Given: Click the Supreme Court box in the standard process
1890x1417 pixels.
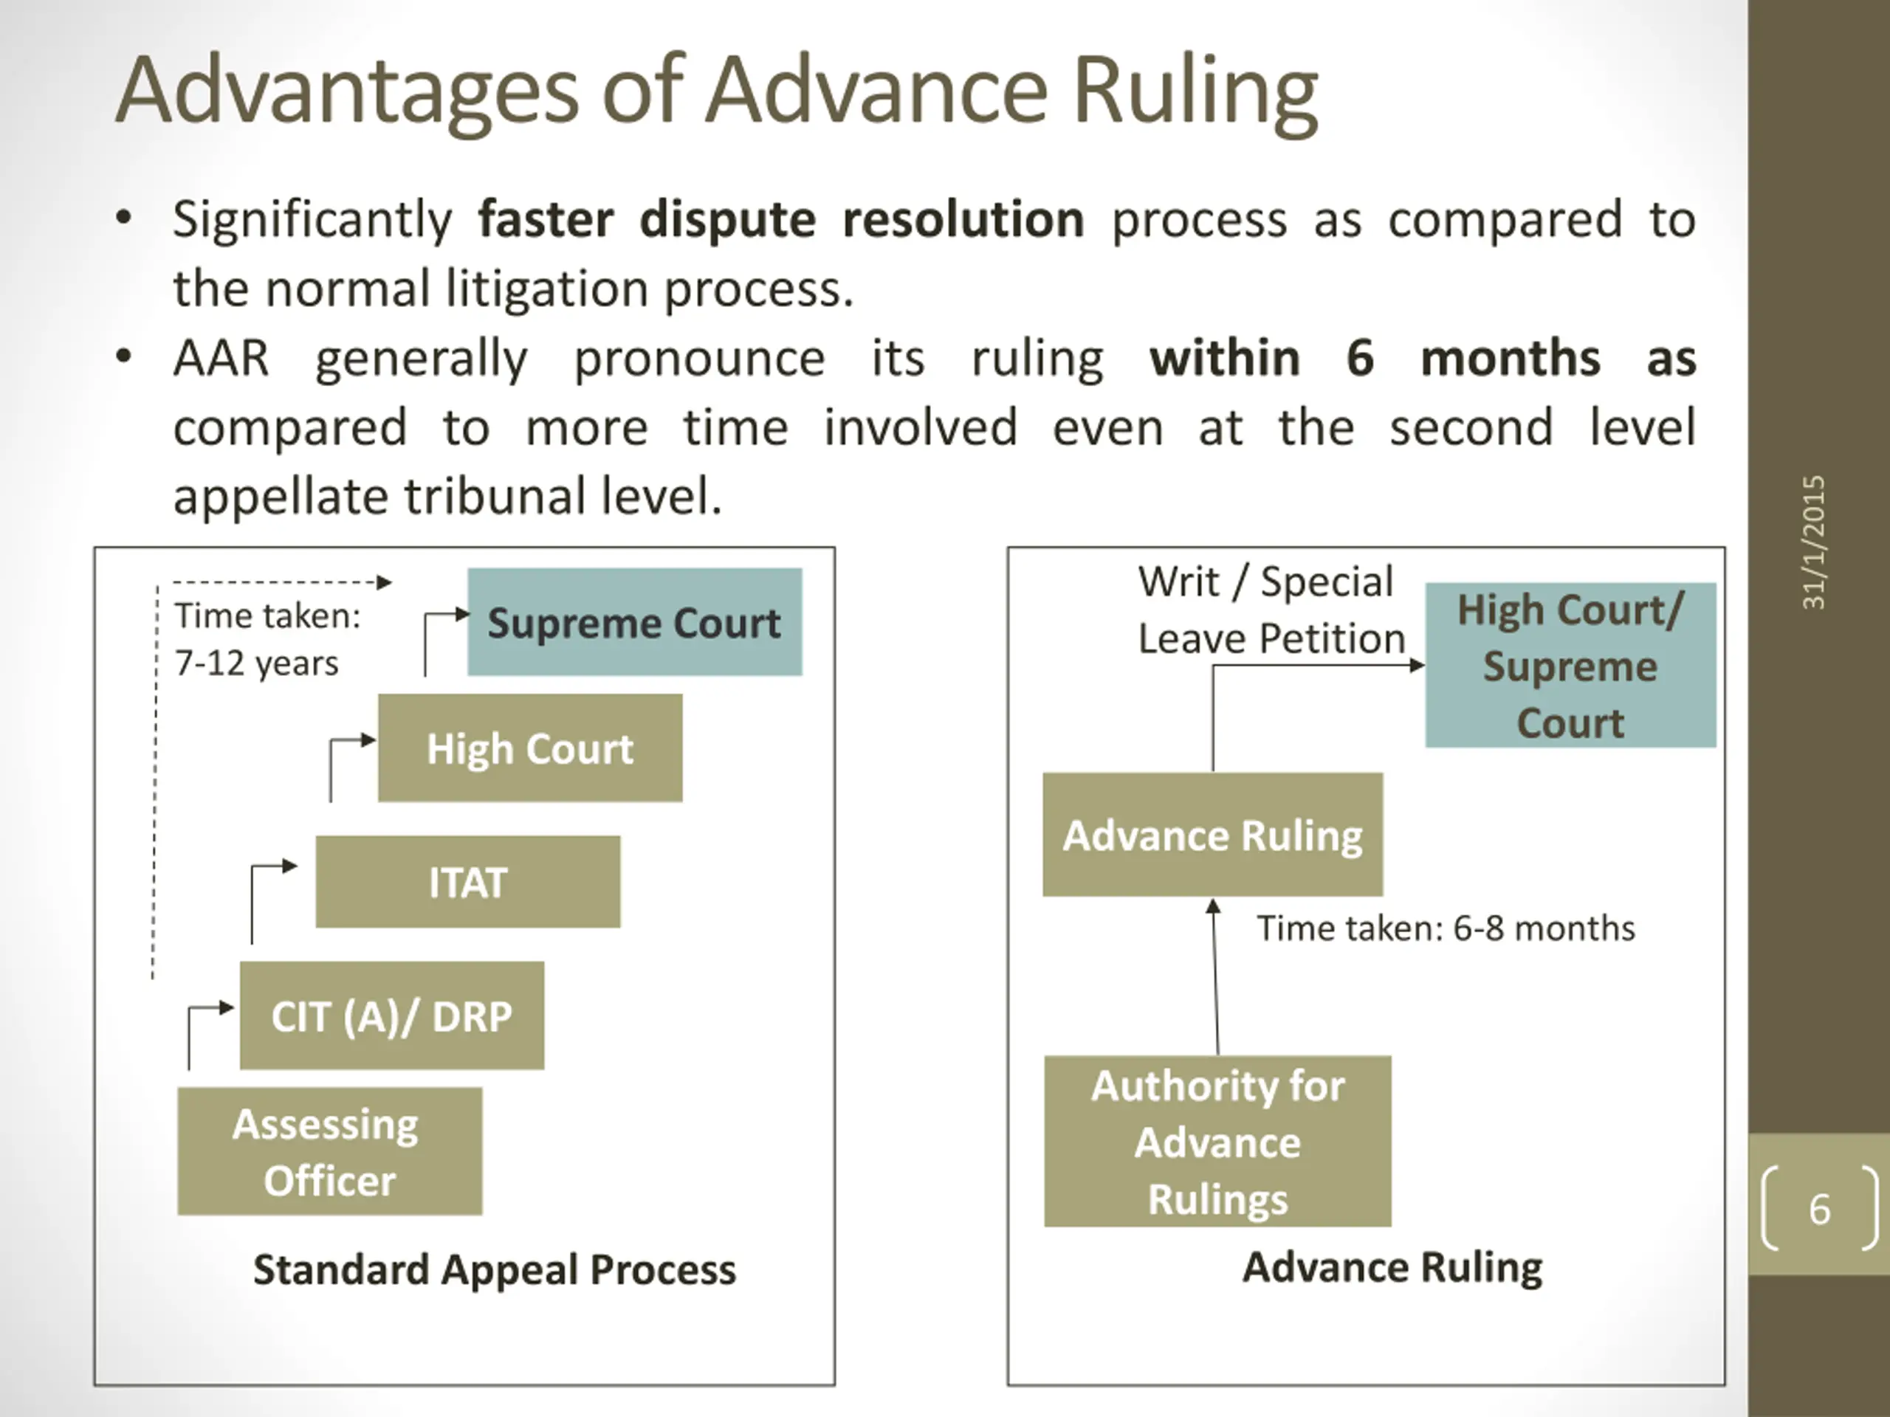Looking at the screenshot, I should click(634, 622).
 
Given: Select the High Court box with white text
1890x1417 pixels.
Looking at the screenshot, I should click(530, 748).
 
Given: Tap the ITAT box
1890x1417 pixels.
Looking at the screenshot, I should click(467, 881).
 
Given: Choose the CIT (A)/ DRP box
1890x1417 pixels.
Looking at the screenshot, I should click(391, 1016).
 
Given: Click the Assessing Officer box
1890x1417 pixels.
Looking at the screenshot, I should click(329, 1151).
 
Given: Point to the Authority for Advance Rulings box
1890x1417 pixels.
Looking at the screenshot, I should click(1217, 1142).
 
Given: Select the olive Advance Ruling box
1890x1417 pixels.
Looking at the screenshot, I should click(1212, 835).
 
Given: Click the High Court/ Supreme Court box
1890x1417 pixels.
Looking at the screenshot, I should click(1570, 666).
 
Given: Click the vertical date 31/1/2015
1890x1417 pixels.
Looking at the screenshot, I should click(1813, 542).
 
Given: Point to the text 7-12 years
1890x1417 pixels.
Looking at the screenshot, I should click(256, 663).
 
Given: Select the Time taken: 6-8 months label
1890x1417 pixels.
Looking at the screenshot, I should click(1445, 928).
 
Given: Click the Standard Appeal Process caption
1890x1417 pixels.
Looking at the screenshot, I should click(494, 1269).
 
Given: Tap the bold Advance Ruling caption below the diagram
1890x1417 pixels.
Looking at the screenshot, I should click(1392, 1266).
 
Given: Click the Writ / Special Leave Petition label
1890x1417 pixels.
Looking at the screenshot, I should click(1271, 610).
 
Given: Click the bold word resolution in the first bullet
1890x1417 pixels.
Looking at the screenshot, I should click(963, 219).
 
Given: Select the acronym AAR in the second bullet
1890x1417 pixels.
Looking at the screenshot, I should click(221, 358).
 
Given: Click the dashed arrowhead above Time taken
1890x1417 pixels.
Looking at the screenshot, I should click(385, 582).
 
